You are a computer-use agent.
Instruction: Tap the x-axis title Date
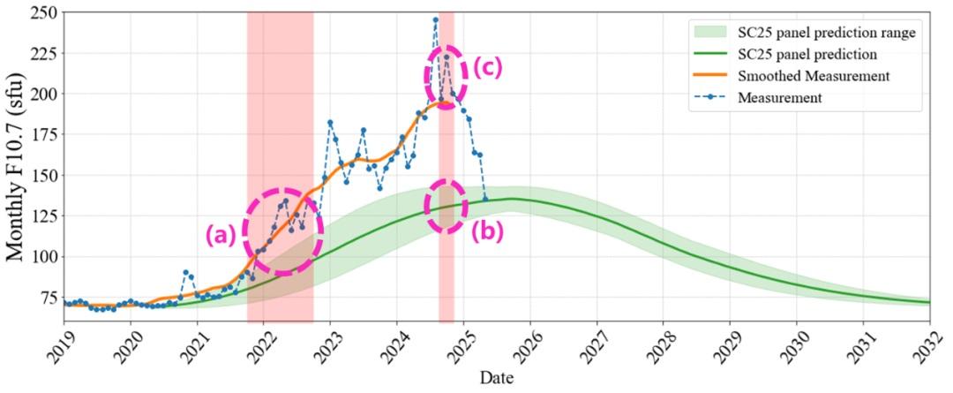[x=497, y=379]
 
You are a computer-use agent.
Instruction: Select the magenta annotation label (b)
[x=487, y=231]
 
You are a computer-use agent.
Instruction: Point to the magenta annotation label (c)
[x=487, y=68]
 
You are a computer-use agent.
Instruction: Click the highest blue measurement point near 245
[x=435, y=19]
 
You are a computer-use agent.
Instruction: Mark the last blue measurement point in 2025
[x=484, y=199]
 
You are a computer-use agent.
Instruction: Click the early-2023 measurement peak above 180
[x=330, y=123]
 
